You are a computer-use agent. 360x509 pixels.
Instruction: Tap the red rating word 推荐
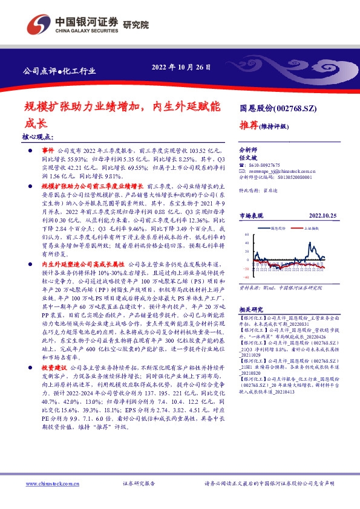(x=249, y=126)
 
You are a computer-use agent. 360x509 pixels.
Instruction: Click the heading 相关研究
(x=252, y=308)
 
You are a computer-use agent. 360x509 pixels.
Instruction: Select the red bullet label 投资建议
(x=54, y=367)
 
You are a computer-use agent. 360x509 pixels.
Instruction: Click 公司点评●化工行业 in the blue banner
(x=59, y=71)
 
